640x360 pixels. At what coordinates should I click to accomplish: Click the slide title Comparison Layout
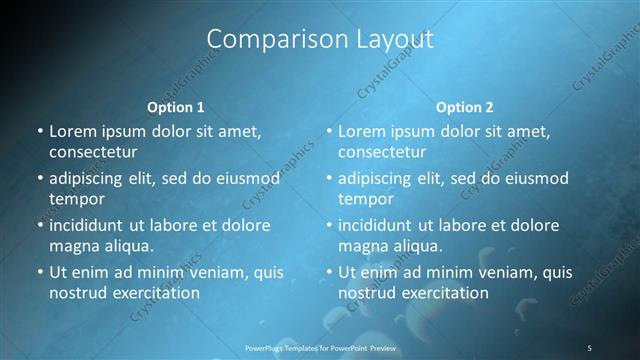click(x=320, y=40)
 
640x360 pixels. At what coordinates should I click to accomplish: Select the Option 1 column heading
click(x=175, y=106)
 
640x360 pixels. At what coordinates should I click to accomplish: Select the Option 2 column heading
click(x=464, y=106)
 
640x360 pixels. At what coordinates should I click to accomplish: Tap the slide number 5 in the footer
click(x=589, y=347)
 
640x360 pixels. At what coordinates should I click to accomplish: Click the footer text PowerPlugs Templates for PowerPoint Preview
click(x=320, y=347)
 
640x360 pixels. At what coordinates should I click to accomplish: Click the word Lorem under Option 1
click(x=71, y=131)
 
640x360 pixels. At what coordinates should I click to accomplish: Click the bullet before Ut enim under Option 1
click(x=39, y=272)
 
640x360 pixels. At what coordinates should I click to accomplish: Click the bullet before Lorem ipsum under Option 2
click(x=328, y=131)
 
